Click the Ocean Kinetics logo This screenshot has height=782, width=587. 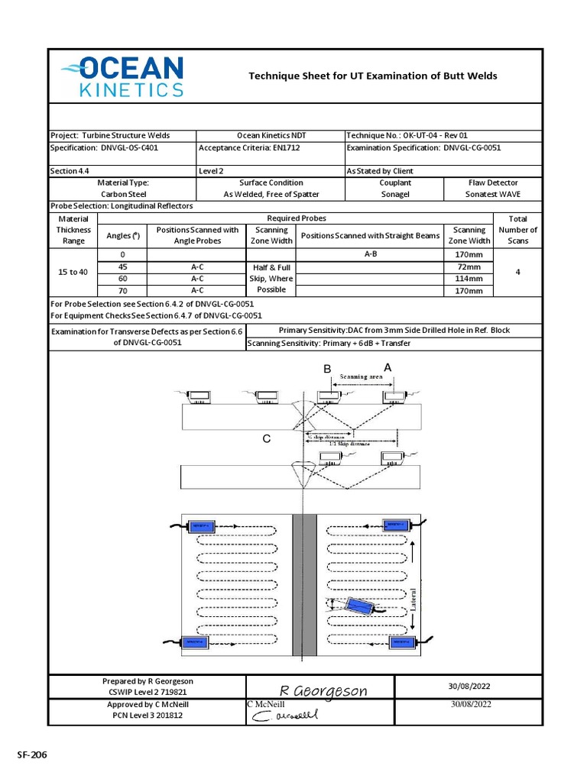[122, 76]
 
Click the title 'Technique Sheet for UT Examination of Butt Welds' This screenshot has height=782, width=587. [373, 76]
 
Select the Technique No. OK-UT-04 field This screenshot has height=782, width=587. [407, 135]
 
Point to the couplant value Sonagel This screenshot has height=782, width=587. [395, 195]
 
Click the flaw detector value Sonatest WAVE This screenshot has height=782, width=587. [492, 195]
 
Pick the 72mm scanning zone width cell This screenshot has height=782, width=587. [469, 267]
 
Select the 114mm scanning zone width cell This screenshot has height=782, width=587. [469, 279]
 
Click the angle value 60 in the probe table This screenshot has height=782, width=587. [122, 279]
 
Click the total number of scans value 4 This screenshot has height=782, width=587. [517, 272]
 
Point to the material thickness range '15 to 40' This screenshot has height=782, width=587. [73, 273]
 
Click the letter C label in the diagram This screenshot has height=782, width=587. [266, 438]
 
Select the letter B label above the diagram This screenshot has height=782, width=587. [326, 369]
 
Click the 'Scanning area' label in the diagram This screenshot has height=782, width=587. [361, 376]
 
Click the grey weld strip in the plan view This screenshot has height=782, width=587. [304, 584]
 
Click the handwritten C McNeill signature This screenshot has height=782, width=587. [284, 716]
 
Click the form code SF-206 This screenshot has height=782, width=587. [32, 755]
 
